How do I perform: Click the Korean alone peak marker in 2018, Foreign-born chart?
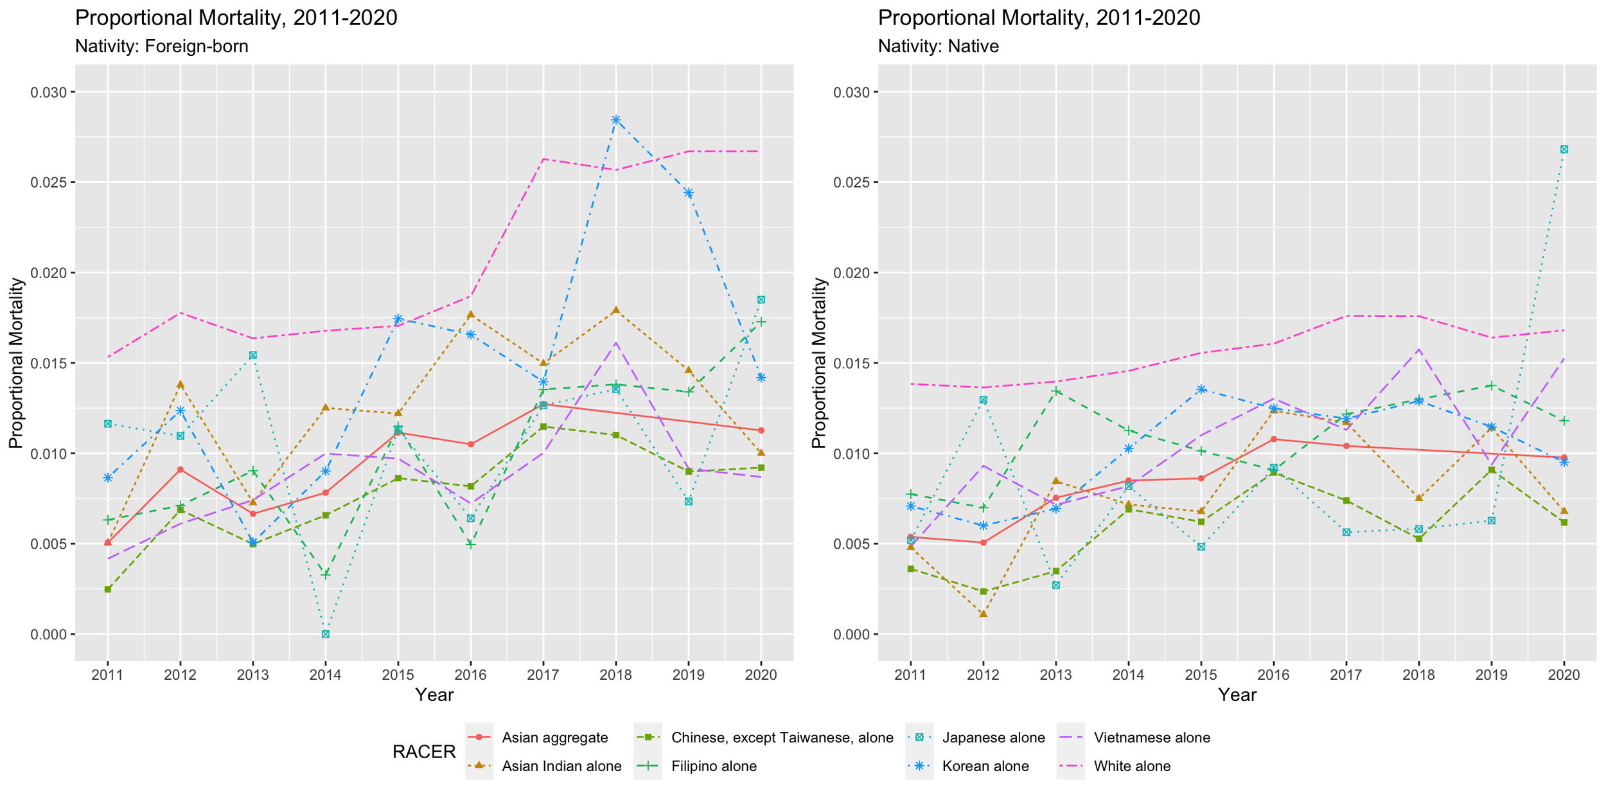[x=615, y=120]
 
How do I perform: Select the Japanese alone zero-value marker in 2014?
[x=326, y=634]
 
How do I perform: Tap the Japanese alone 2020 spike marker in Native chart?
[x=1564, y=149]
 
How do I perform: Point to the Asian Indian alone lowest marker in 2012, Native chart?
[x=984, y=614]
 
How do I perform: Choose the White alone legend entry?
[x=1132, y=766]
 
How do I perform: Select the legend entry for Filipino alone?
[x=714, y=766]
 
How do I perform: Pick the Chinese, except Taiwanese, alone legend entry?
[x=781, y=738]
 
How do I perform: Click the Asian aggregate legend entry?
[x=554, y=738]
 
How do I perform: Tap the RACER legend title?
[x=424, y=752]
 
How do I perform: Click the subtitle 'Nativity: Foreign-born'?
[x=161, y=46]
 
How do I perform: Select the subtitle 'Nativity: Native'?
[x=938, y=46]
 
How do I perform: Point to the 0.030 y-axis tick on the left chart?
[x=49, y=93]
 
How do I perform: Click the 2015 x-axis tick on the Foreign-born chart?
[x=398, y=675]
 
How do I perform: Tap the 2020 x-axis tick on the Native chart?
[x=1564, y=675]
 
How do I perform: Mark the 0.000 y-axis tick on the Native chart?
[x=852, y=635]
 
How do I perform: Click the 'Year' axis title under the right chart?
[x=1237, y=695]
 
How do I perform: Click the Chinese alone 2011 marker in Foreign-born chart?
[x=108, y=589]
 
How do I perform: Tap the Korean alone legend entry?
[x=985, y=766]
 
